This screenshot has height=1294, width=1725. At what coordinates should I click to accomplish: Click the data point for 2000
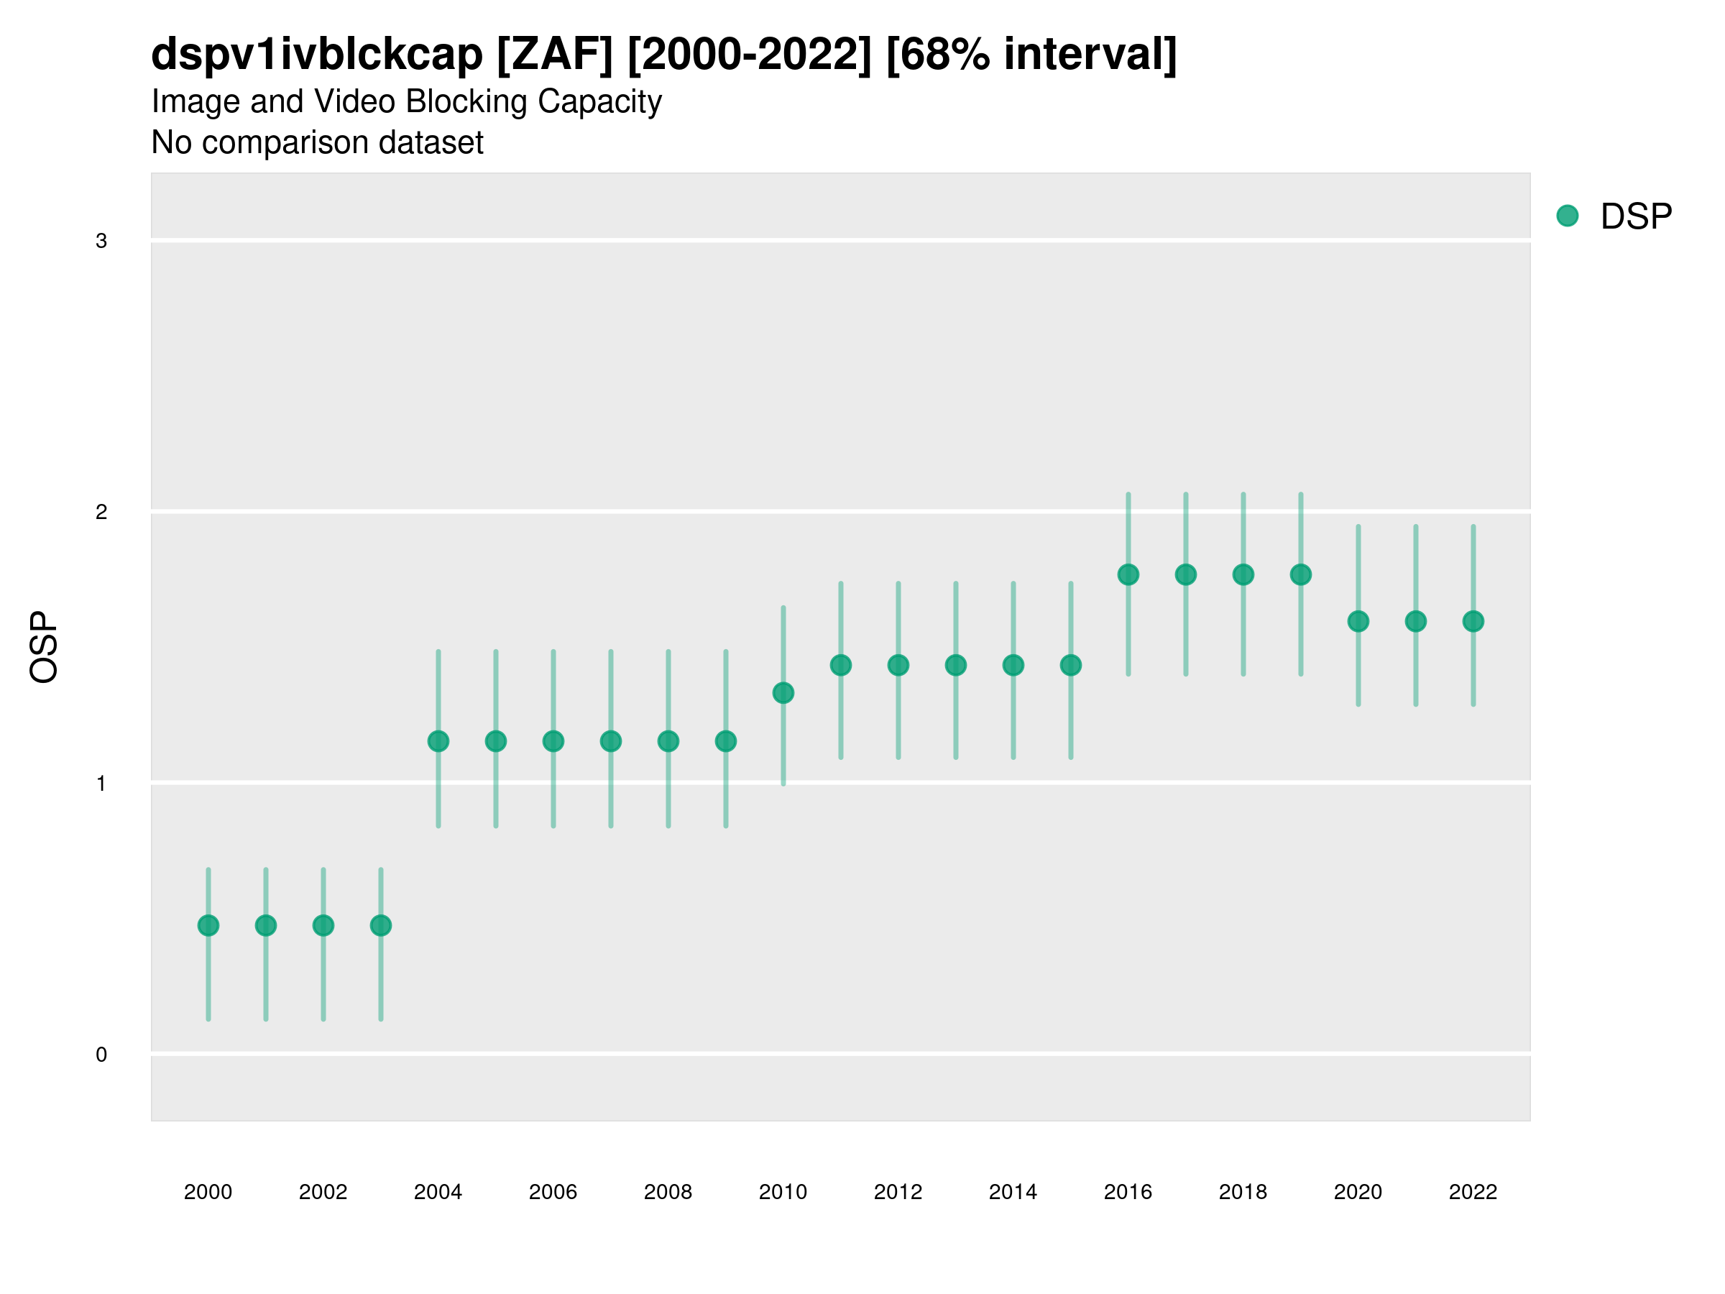[x=208, y=926]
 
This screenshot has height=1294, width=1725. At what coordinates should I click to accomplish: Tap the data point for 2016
[x=1128, y=575]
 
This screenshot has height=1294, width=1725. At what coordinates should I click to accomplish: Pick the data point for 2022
[x=1473, y=622]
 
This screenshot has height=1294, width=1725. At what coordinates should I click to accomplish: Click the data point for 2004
[x=438, y=741]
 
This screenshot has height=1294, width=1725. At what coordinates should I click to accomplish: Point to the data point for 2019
[x=1301, y=575]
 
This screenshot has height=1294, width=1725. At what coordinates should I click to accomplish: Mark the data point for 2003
[x=380, y=926]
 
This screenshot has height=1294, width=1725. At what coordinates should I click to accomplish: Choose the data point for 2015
[x=1071, y=665]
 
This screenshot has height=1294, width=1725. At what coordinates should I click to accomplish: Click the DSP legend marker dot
[x=1568, y=216]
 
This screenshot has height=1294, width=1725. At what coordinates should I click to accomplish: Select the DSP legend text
[x=1636, y=217]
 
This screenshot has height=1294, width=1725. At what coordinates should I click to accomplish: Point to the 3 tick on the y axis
[x=101, y=241]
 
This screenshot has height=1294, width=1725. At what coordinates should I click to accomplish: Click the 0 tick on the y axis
[x=101, y=1055]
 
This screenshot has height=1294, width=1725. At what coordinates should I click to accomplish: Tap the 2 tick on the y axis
[x=101, y=513]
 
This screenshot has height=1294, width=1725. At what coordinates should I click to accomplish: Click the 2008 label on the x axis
[x=668, y=1193]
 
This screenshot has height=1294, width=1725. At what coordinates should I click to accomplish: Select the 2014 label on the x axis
[x=1013, y=1193]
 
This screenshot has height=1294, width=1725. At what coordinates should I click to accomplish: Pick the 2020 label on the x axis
[x=1358, y=1193]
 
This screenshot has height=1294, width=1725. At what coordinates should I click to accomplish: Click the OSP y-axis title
[x=45, y=648]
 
